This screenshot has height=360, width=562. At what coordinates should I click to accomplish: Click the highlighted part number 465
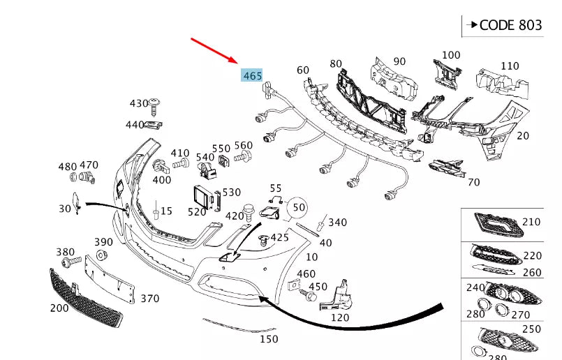click(x=252, y=75)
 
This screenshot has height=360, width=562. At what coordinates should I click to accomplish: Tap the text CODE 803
click(x=510, y=25)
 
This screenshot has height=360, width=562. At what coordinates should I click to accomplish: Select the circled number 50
click(x=299, y=207)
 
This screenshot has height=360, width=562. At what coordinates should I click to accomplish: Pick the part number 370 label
click(x=149, y=299)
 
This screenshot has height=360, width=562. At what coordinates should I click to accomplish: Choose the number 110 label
click(x=510, y=66)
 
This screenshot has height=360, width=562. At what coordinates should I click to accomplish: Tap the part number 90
click(x=399, y=61)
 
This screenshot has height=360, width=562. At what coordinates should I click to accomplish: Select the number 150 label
click(x=268, y=339)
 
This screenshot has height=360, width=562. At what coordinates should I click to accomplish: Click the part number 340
click(x=337, y=223)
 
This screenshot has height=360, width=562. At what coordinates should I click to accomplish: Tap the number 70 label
click(x=473, y=183)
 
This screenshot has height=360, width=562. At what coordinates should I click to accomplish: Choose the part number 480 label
click(x=67, y=167)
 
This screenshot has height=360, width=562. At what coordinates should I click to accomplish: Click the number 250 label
click(x=531, y=329)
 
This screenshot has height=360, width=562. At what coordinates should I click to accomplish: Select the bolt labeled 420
click(x=248, y=209)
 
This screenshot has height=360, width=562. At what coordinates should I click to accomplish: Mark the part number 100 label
click(x=451, y=54)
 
